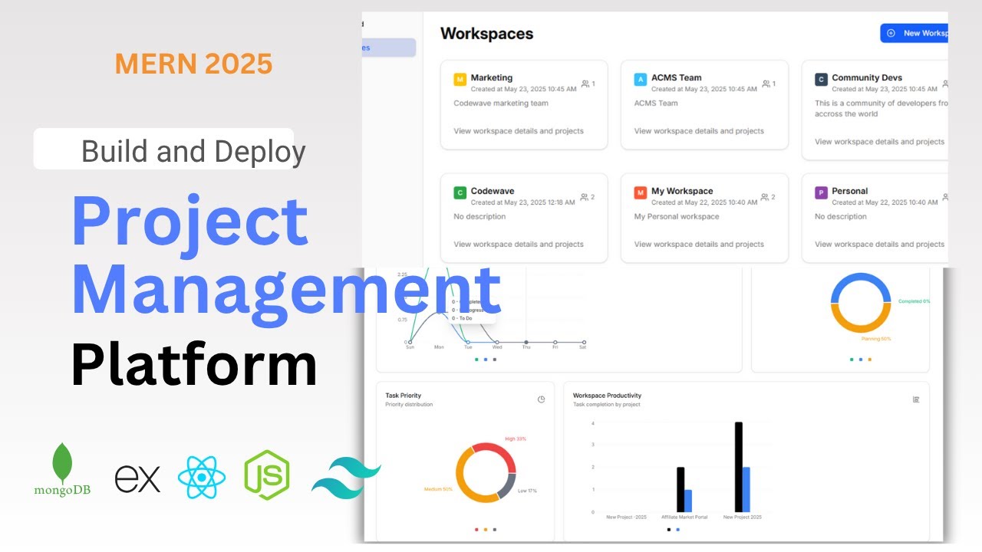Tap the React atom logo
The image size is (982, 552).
click(201, 477)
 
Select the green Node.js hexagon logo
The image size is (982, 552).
click(266, 475)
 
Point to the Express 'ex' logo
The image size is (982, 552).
click(138, 478)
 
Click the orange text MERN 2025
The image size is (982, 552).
click(193, 64)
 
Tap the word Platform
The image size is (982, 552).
click(193, 365)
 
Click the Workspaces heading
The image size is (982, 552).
click(486, 34)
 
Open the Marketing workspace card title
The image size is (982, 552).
click(491, 77)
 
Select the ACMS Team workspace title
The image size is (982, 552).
click(676, 77)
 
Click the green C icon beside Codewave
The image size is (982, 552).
click(460, 193)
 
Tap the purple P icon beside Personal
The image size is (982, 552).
click(821, 193)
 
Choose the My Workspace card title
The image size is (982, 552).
click(682, 191)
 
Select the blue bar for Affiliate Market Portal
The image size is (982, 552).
click(688, 501)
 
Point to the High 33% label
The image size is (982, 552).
click(516, 439)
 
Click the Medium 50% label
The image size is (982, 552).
click(438, 489)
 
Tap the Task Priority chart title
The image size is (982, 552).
click(403, 396)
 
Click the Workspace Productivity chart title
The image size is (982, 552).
click(607, 396)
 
